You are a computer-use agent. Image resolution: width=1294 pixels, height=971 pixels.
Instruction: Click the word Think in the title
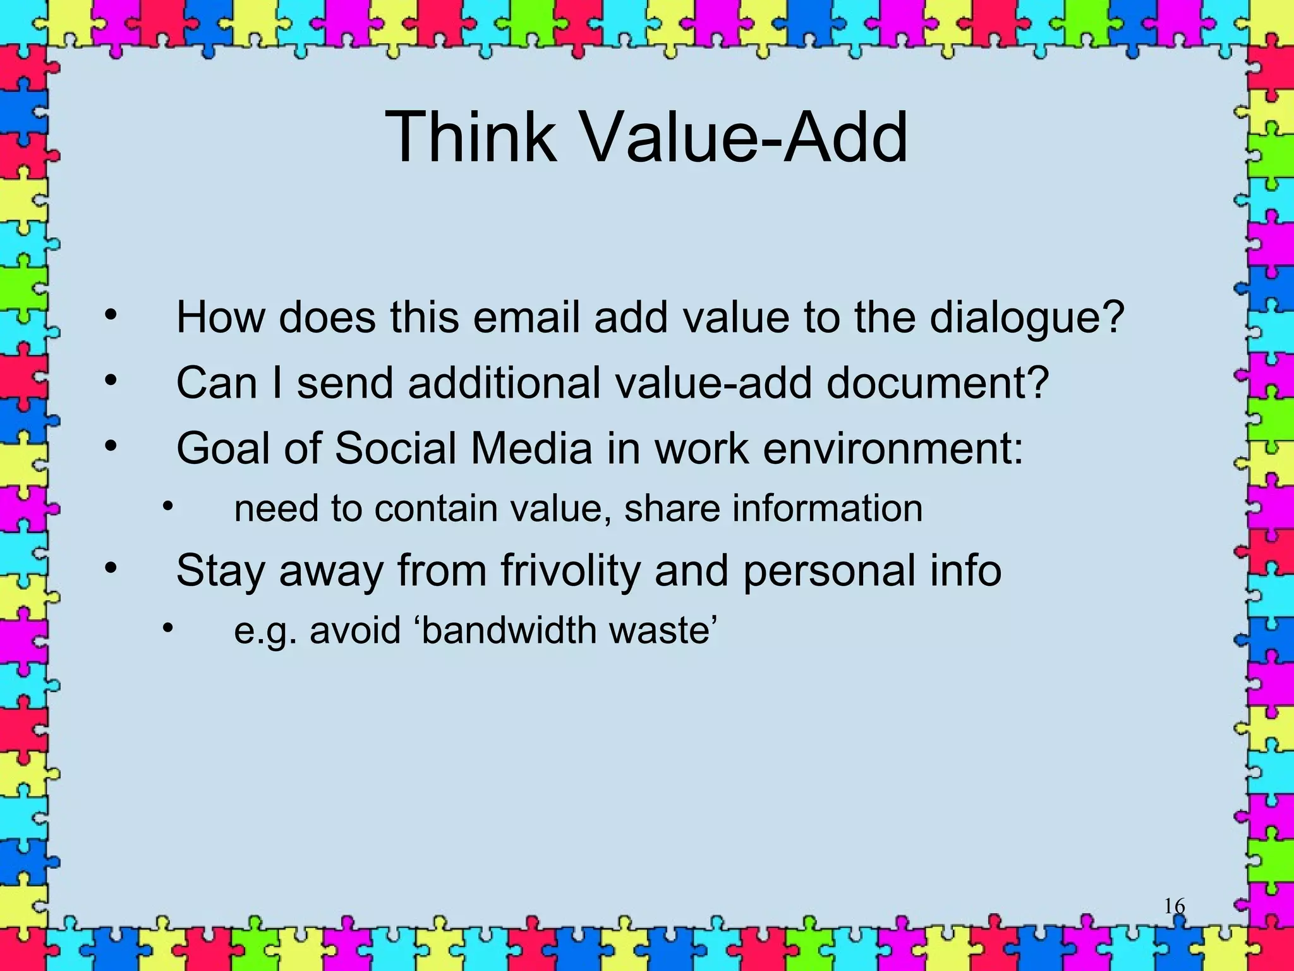pyautogui.click(x=470, y=137)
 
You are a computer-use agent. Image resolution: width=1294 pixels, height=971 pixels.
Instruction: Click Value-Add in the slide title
pyautogui.click(x=743, y=137)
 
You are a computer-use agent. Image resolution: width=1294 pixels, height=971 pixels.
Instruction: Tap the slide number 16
pyautogui.click(x=1175, y=907)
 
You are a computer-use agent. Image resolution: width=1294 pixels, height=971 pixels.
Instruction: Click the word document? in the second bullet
pyautogui.click(x=938, y=383)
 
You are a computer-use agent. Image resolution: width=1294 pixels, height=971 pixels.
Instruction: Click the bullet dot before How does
pyautogui.click(x=111, y=315)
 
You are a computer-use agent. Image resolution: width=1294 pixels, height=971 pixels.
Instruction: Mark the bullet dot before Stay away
pyautogui.click(x=111, y=569)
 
